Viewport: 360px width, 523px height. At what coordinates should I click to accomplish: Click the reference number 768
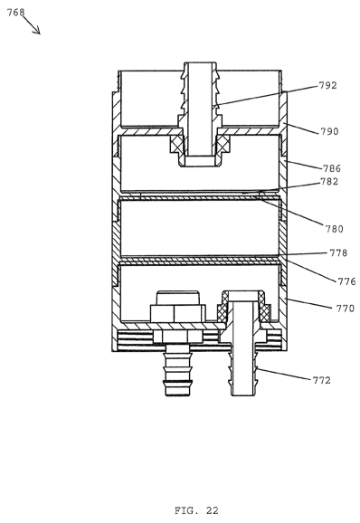pos(15,13)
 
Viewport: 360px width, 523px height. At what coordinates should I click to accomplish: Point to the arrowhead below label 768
pos(37,31)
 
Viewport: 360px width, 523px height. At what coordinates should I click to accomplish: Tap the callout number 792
pos(328,85)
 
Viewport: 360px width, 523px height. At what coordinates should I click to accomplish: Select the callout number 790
pos(329,131)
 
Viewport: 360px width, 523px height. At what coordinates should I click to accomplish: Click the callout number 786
pos(332,168)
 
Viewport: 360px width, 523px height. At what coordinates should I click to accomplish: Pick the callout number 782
pos(329,182)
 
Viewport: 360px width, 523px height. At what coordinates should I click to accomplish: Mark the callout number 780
pos(335,229)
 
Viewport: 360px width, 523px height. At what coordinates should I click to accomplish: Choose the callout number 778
pos(338,252)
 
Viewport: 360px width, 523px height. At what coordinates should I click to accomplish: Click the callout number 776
pos(347,281)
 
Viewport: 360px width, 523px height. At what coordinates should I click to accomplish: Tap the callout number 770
pos(346,309)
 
